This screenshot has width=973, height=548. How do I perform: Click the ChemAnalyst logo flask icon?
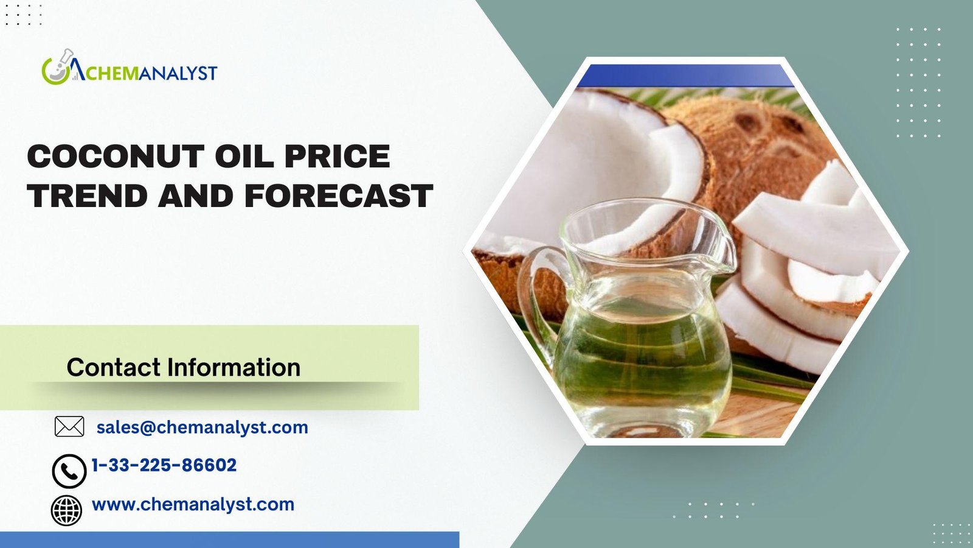pyautogui.click(x=57, y=67)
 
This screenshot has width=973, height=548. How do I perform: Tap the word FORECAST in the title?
pyautogui.click(x=339, y=195)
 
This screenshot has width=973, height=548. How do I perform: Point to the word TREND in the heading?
pyautogui.click(x=87, y=195)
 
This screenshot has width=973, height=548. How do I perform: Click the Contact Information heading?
pyautogui.click(x=183, y=367)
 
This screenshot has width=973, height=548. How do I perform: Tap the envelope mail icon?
pyautogui.click(x=69, y=426)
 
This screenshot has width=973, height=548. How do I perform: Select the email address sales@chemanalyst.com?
pyautogui.click(x=203, y=427)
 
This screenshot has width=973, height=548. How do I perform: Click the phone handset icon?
pyautogui.click(x=69, y=471)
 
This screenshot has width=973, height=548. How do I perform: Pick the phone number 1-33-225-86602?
pyautogui.click(x=164, y=465)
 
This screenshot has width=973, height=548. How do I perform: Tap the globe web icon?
pyautogui.click(x=66, y=510)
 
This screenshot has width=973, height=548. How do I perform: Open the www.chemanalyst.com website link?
pyautogui.click(x=193, y=505)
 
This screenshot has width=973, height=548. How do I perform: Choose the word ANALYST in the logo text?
pyautogui.click(x=178, y=72)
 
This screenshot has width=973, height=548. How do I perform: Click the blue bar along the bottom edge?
pyautogui.click(x=229, y=539)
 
